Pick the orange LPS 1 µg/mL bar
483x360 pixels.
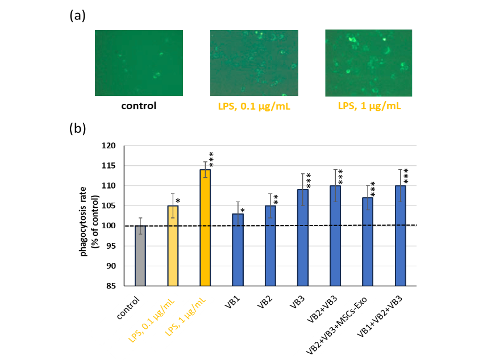(205, 227)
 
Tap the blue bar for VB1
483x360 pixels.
(238, 249)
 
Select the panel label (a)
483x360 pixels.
(77, 16)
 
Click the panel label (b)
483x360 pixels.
(77, 129)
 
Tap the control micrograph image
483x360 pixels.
(139, 62)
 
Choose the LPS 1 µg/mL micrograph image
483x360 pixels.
(368, 62)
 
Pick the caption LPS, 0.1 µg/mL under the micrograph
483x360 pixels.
(253, 106)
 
